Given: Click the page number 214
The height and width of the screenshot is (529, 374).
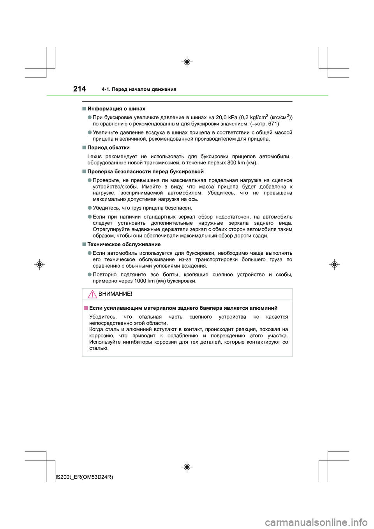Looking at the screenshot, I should pyautogui.click(x=79, y=89).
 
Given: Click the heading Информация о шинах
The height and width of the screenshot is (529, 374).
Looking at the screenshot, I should pyautogui.click(x=116, y=109).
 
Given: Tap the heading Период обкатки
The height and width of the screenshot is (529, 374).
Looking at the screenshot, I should pyautogui.click(x=108, y=148).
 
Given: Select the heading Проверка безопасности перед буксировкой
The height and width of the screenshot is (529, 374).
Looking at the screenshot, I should pyautogui.click(x=145, y=172).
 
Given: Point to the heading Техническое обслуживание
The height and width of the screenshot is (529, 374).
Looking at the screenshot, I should pyautogui.click(x=124, y=245).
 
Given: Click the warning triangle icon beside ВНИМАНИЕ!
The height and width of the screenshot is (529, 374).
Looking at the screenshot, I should pyautogui.click(x=92, y=294).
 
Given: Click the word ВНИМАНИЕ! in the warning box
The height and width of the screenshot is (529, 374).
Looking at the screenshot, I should pyautogui.click(x=115, y=294).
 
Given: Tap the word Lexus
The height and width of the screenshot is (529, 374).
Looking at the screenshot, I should pyautogui.click(x=94, y=157).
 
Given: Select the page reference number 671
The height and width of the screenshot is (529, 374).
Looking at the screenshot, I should pyautogui.click(x=273, y=124).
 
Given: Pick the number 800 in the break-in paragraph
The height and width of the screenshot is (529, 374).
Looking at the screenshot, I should pyautogui.click(x=231, y=163).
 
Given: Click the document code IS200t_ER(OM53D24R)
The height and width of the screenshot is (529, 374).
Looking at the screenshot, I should pyautogui.click(x=85, y=477).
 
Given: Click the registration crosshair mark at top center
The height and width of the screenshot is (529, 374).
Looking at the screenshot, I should pyautogui.click(x=187, y=62).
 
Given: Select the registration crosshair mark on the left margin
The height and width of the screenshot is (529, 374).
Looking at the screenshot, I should pyautogui.click(x=39, y=264).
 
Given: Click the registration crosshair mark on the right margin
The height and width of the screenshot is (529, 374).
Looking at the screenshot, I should pyautogui.click(x=334, y=264).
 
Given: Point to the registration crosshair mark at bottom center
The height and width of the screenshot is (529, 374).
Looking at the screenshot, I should pyautogui.click(x=187, y=467).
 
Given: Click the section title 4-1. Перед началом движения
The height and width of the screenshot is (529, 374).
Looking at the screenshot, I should pyautogui.click(x=139, y=90).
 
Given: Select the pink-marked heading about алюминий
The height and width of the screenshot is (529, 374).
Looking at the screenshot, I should pyautogui.click(x=183, y=308).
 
